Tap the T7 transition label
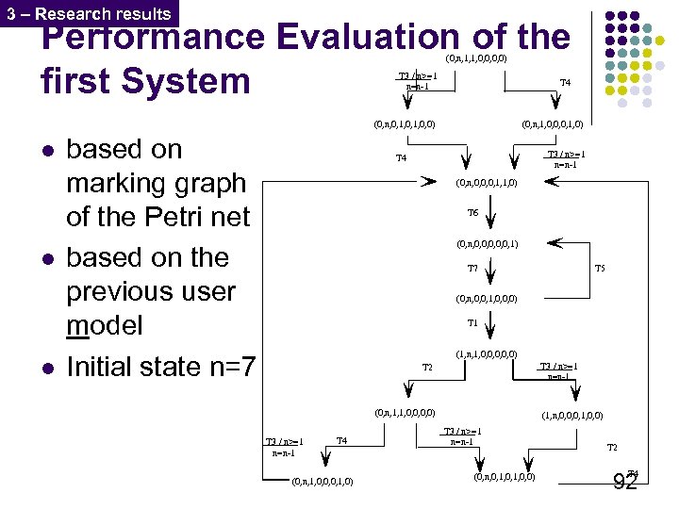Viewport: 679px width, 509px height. pyautogui.click(x=473, y=269)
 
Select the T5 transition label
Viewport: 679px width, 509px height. pyautogui.click(x=600, y=269)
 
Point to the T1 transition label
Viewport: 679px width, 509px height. pyautogui.click(x=473, y=323)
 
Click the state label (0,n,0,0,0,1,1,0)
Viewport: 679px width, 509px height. pyautogui.click(x=486, y=183)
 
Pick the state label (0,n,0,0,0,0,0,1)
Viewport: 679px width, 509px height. pyautogui.click(x=487, y=244)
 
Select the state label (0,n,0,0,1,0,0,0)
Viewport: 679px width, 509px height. pyautogui.click(x=487, y=300)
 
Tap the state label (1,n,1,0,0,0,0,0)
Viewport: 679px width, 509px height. pyautogui.click(x=486, y=354)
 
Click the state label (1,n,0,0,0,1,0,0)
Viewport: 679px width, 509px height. pyautogui.click(x=572, y=414)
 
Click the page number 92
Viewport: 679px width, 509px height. pyautogui.click(x=625, y=483)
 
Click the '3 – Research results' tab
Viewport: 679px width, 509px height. pyautogui.click(x=89, y=13)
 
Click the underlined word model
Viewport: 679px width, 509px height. pyautogui.click(x=105, y=326)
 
